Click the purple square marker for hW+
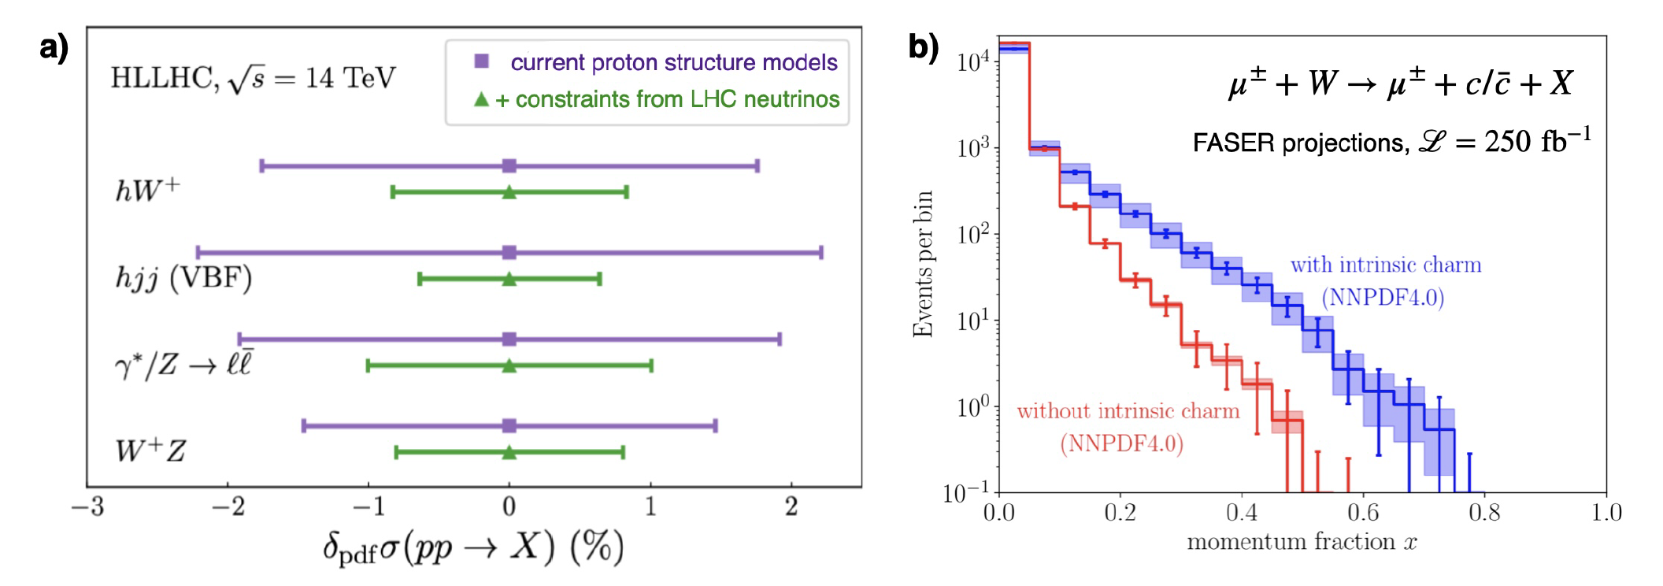coord(509,165)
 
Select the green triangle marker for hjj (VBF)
coord(509,279)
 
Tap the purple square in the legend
coord(482,61)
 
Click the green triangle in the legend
coord(481,99)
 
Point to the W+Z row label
coord(150,451)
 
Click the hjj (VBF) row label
coord(183,278)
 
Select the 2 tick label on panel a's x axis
coord(791,506)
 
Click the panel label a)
coord(54,47)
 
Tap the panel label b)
coord(924,46)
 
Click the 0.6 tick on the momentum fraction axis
coord(1363,514)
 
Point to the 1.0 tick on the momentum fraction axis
coord(1606,514)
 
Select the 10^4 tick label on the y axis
coord(972,61)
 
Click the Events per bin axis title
coord(922,264)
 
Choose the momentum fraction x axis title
coord(1302,543)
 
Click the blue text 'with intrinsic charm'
coord(1385,265)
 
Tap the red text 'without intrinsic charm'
coord(1128,411)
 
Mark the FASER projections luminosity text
coord(1391,142)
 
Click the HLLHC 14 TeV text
coord(253,78)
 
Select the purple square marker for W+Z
coord(509,426)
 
